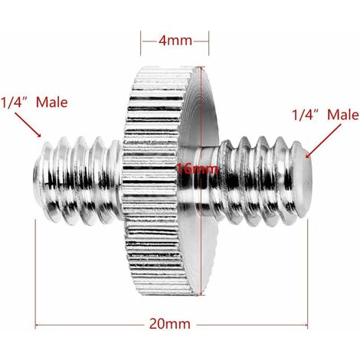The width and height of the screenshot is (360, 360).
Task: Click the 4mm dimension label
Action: click(175, 41)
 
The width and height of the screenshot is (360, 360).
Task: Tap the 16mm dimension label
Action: click(198, 169)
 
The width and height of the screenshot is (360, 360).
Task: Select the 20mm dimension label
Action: click(170, 324)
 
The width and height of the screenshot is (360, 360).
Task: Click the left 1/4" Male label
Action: click(34, 103)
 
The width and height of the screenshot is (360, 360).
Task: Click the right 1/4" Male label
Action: click(326, 115)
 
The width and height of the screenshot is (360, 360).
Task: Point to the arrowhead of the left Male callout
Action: click(39, 136)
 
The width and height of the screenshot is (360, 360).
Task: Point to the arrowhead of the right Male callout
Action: click(308, 155)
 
